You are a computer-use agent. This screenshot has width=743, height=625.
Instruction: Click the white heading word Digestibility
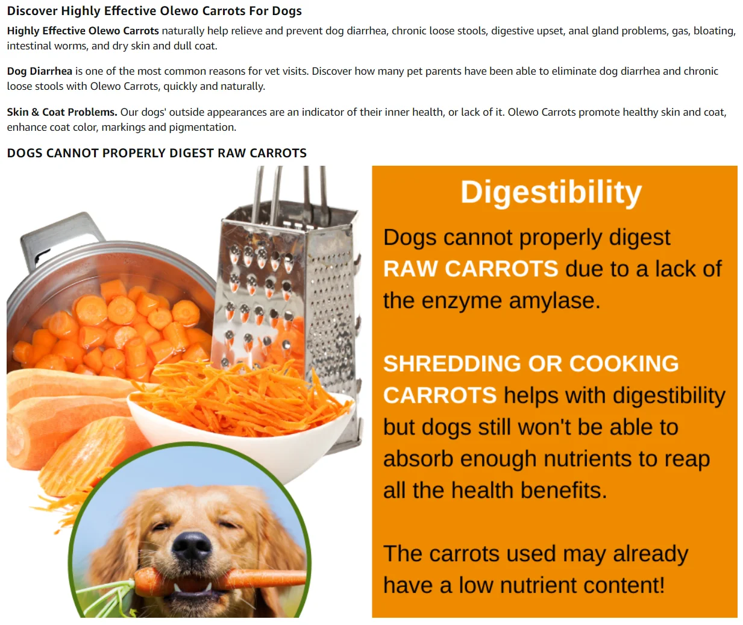point(551,192)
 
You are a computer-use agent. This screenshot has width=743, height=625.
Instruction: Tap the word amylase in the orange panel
point(554,301)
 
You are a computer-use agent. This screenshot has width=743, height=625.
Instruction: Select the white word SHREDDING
point(452,364)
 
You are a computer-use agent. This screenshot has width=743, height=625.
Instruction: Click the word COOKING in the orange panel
point(624,364)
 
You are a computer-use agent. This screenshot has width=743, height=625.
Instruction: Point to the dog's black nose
point(192,545)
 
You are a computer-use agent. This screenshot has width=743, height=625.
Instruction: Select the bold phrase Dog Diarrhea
point(40,71)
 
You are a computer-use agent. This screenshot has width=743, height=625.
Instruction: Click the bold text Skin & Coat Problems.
point(62,112)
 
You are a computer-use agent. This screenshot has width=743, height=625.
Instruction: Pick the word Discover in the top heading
point(32,11)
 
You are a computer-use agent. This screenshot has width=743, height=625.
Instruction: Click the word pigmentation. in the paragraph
point(202,127)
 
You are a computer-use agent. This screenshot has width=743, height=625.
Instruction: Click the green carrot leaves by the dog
point(107,598)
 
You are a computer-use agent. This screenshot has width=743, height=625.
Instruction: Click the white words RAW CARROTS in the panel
point(471,269)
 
